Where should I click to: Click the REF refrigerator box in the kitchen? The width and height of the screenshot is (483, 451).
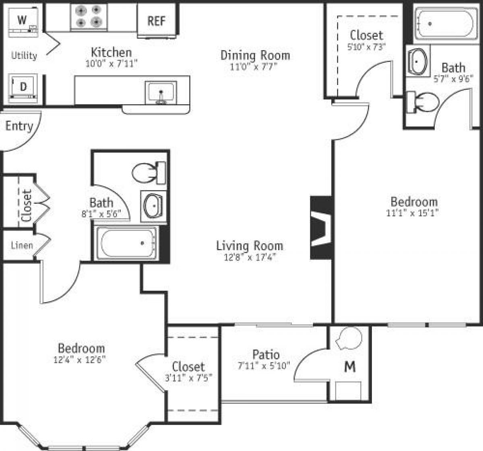point(157,21)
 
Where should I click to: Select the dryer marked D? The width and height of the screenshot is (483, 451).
point(23,87)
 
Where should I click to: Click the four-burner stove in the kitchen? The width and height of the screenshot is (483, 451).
point(89,16)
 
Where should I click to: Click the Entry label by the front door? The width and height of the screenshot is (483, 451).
point(19,126)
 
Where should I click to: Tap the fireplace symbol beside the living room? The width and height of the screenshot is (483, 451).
point(322,228)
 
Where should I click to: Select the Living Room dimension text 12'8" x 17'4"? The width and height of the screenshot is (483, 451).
point(250,257)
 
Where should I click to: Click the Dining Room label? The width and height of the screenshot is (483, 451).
point(255,55)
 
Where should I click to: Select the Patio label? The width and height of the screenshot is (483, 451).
point(266,354)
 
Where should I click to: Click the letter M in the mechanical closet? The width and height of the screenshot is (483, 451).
point(350,367)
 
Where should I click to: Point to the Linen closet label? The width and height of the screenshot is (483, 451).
point(22,245)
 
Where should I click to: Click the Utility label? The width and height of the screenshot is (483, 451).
point(24,56)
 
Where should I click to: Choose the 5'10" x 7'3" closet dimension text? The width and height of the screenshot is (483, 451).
point(366,46)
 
